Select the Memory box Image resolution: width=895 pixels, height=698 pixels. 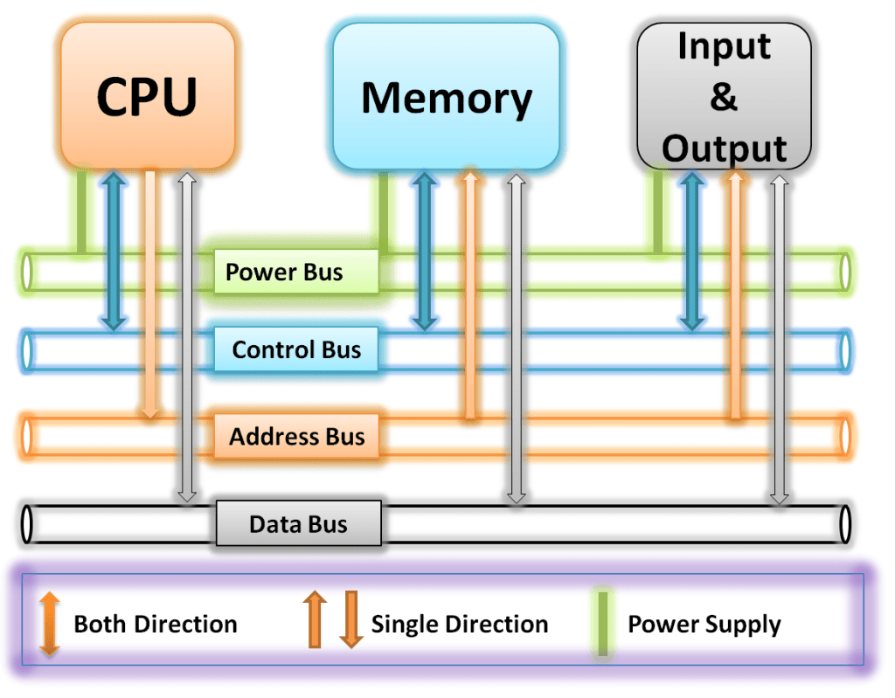tap(446, 96)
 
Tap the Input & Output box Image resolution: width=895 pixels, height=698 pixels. tap(725, 96)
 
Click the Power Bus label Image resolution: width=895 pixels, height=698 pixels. tap(296, 272)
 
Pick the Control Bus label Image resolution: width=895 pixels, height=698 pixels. tap(296, 350)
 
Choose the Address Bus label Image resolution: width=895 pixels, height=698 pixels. tap(296, 436)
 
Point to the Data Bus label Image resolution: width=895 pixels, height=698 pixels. tap(298, 524)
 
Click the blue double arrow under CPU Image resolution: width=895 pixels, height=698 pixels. tap(113, 249)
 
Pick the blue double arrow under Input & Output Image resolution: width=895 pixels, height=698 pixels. tap(691, 249)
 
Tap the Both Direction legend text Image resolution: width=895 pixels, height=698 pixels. tap(156, 625)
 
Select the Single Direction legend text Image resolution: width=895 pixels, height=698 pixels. tap(460, 625)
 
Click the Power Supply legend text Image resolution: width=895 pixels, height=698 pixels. tap(704, 625)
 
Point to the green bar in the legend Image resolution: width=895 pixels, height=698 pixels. tap(602, 623)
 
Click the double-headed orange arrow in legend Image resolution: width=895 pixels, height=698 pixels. tap(50, 623)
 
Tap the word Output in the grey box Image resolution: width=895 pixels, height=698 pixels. tap(725, 149)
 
